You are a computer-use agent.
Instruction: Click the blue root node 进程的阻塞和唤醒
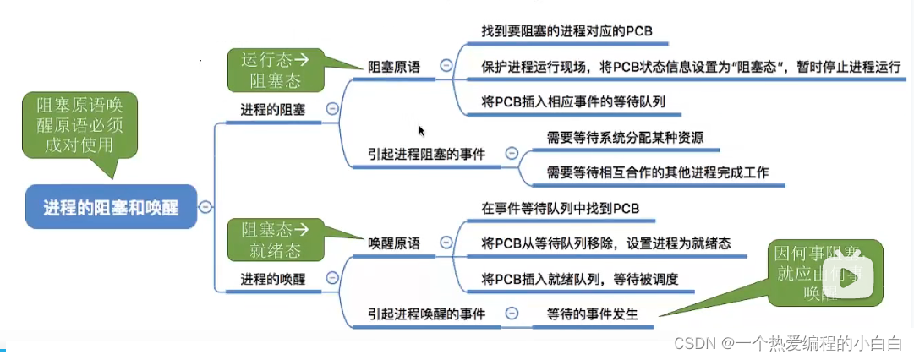point(111,207)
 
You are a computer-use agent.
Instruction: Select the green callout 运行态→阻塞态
point(275,69)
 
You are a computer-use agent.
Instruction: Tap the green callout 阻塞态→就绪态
point(275,239)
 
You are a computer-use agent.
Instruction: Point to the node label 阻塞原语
point(393,66)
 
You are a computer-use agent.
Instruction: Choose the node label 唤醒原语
point(394,243)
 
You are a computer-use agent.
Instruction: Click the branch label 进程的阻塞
point(272,108)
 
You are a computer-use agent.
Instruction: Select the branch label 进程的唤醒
point(272,277)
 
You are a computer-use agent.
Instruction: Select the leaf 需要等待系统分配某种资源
point(626,137)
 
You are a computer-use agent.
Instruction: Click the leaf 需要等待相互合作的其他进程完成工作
point(658,172)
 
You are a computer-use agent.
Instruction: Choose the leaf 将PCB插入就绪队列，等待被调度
point(579,278)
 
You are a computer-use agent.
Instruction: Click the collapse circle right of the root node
point(205,207)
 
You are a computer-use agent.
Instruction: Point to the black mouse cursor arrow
point(421,131)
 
